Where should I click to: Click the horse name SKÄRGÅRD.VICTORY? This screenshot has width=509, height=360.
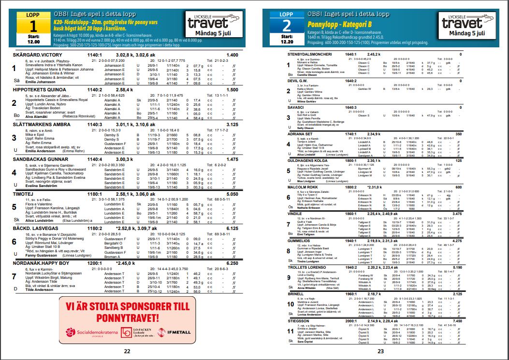tap(38, 55)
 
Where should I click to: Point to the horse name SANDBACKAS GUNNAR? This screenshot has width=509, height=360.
tap(41, 159)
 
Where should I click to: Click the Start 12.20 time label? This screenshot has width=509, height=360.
tap(287, 39)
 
